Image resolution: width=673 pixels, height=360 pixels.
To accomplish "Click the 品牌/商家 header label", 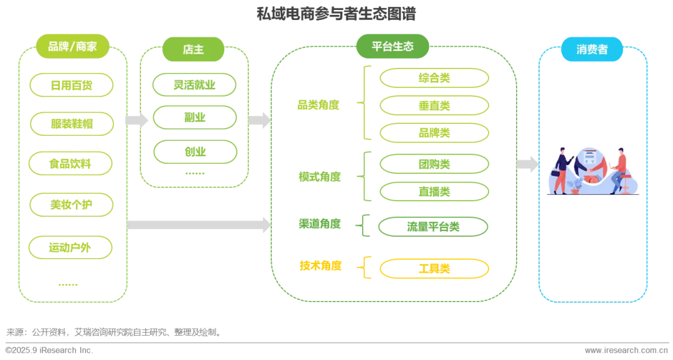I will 72,47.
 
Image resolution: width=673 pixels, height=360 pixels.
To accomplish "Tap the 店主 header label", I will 193,49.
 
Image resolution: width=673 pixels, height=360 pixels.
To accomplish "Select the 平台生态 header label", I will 393,47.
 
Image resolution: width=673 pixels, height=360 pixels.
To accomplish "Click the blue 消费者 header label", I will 592,49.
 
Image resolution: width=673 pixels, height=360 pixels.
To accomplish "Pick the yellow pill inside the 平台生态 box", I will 434,268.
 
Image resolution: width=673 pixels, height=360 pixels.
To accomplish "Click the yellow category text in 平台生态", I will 320,267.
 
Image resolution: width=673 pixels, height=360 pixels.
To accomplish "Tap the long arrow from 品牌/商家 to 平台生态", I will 199,223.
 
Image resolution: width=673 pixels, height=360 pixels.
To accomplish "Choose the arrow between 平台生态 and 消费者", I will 527,164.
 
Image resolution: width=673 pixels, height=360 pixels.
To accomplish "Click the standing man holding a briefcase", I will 561,169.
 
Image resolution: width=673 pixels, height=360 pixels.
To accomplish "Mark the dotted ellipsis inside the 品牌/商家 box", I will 67,285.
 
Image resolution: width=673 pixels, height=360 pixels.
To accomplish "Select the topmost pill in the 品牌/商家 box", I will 72,85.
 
